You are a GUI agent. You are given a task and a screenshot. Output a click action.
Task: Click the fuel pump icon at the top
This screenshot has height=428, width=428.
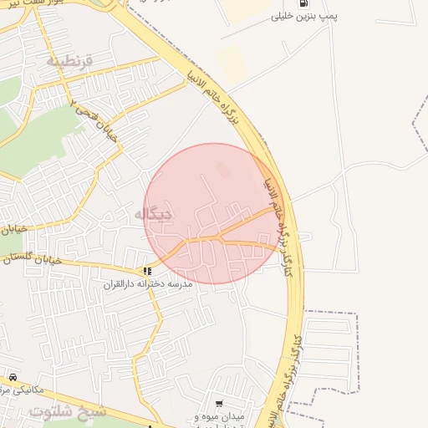tap(302, 3)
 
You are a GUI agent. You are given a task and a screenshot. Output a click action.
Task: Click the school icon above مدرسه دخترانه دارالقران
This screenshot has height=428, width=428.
tap(147, 271)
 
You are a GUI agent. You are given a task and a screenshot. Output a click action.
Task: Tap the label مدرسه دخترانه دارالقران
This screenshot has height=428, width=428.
tap(148, 284)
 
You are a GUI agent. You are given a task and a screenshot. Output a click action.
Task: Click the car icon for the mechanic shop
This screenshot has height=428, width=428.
tap(13, 377)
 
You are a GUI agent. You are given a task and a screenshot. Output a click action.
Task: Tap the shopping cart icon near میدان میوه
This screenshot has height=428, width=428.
tap(219, 403)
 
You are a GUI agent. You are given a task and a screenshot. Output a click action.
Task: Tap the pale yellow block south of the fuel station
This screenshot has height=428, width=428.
tap(231, 64)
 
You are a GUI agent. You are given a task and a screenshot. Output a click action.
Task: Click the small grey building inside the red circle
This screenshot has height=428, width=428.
tap(222, 170)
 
